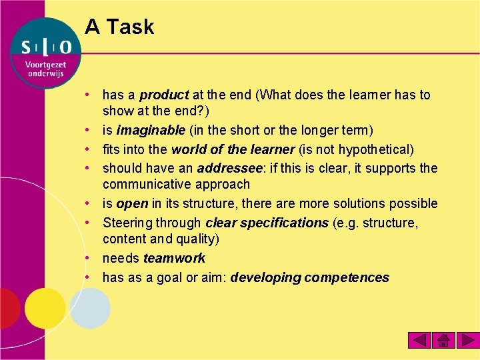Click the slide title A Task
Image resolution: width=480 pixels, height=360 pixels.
tap(119, 27)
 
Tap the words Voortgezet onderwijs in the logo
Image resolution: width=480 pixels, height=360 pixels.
tap(45, 69)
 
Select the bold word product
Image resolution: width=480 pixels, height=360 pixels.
tap(164, 95)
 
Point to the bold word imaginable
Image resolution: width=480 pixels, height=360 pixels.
tap(151, 129)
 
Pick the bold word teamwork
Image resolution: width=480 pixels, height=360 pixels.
tap(174, 258)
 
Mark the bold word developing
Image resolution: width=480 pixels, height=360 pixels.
tap(265, 277)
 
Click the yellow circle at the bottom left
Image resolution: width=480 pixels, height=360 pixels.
tap(44, 308)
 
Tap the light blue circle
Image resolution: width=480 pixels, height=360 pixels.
tap(90, 308)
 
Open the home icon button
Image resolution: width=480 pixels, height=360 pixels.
tap(443, 340)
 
